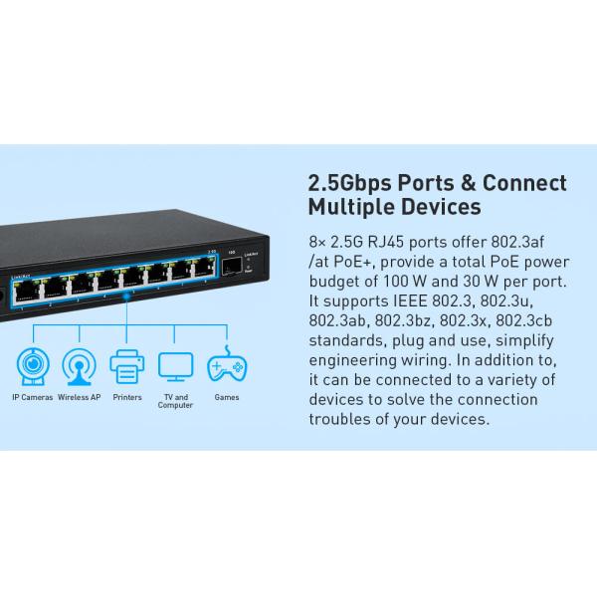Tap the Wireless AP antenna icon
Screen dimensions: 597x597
tap(80, 365)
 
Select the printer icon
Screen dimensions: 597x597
tap(127, 365)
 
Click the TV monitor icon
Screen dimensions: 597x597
tap(176, 365)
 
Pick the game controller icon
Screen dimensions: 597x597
tap(226, 366)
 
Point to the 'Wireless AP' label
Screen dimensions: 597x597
tap(80, 397)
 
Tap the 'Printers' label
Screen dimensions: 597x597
tap(127, 397)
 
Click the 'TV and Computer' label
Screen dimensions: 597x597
tap(176, 401)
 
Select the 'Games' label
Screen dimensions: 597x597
tap(226, 397)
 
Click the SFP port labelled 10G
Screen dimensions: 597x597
tap(229, 268)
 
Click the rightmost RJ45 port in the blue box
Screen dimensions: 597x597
tap(205, 267)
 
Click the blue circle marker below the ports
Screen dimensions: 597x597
tap(126, 296)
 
